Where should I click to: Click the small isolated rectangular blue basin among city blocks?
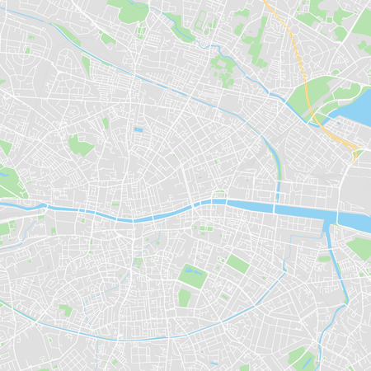138,129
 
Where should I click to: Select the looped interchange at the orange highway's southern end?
354,153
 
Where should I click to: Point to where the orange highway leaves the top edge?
265,2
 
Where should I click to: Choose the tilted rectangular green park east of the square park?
237,263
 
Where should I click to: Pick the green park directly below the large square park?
184,297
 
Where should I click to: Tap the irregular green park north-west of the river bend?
80,146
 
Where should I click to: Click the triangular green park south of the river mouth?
358,247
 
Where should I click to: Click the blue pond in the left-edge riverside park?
5,174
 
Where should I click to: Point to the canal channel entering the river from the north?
277,177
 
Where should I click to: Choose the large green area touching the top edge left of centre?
132,10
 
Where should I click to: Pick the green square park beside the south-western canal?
65,310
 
